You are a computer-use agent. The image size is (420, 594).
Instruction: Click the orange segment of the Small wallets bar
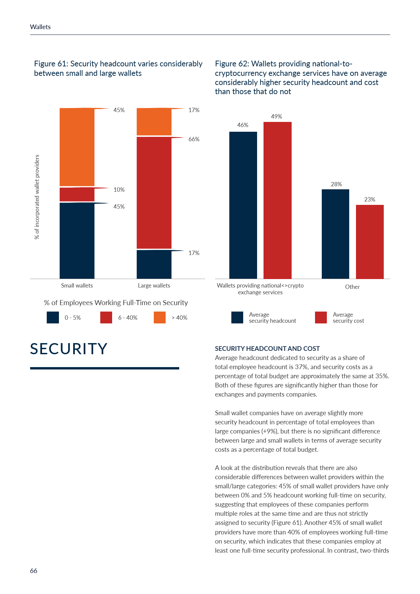[x=77, y=147]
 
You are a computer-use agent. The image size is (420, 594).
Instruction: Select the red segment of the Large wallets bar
[x=154, y=193]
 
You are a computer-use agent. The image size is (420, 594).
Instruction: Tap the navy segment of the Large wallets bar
[x=154, y=264]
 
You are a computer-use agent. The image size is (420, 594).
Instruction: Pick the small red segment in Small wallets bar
[x=77, y=194]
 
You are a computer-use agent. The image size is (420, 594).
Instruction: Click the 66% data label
[x=194, y=139]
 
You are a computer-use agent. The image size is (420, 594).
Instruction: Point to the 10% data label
[x=119, y=190]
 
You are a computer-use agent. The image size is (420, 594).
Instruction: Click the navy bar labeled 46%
[x=243, y=205]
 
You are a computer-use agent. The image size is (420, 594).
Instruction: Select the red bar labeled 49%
[x=277, y=200]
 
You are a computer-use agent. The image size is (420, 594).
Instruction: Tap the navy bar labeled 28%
[x=335, y=234]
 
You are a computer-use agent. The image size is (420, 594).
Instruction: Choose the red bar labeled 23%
[x=370, y=242]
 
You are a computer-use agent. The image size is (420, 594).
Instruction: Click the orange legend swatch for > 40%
[x=160, y=318]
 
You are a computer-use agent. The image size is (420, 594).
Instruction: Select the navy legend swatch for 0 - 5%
[x=53, y=318]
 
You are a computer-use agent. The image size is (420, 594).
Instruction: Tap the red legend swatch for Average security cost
[x=321, y=318]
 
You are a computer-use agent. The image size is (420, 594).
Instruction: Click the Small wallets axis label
[x=77, y=285]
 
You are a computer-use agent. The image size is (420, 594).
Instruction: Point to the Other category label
[x=352, y=287]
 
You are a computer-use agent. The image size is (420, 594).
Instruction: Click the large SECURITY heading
[x=69, y=349]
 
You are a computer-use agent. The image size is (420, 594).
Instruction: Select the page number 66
[x=34, y=571]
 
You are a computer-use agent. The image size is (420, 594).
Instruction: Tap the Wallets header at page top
[x=40, y=27]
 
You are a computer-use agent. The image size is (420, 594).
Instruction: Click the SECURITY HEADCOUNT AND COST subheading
[x=267, y=348]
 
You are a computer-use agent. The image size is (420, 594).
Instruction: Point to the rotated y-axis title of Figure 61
[x=37, y=197]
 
